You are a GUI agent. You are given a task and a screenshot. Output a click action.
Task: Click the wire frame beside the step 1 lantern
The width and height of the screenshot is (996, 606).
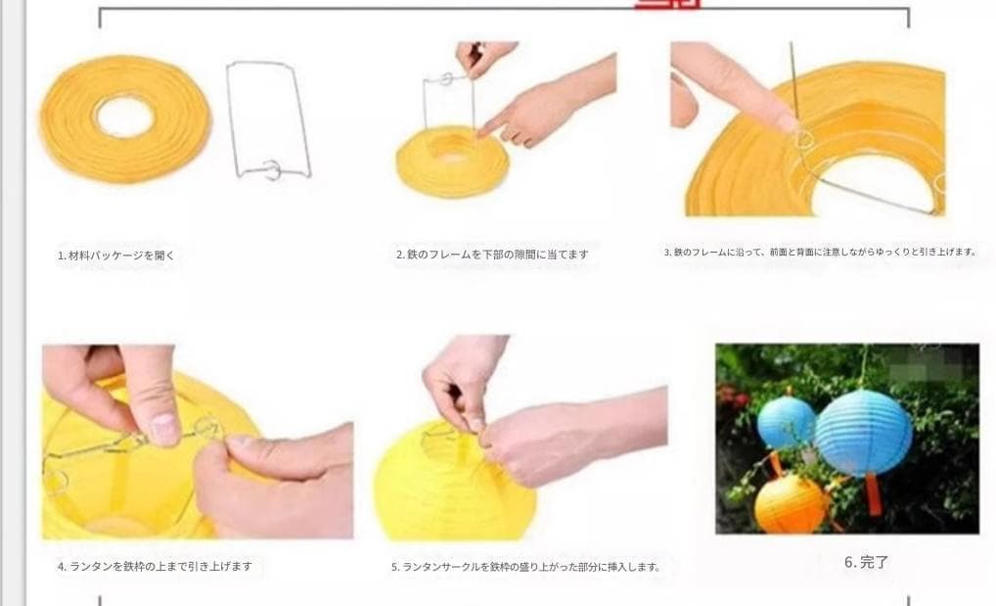pos(268,117)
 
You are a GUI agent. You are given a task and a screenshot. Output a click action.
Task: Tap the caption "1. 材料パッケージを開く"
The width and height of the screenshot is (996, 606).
pos(115,255)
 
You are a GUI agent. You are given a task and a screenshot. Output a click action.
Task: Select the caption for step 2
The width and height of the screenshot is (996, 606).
pos(492,255)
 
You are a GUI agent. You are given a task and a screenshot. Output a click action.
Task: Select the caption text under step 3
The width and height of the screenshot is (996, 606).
pos(820,252)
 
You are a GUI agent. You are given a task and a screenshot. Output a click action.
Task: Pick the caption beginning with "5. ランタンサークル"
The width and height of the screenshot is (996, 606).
pos(525,566)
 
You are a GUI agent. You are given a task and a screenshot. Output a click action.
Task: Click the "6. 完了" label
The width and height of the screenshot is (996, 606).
pos(866,563)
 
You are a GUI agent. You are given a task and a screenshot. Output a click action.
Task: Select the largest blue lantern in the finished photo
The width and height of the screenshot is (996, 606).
pos(863,432)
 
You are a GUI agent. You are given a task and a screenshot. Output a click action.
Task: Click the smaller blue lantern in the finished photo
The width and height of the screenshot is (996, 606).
pos(787,422)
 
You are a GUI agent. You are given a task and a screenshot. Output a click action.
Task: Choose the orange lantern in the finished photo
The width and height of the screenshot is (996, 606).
pos(791,503)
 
